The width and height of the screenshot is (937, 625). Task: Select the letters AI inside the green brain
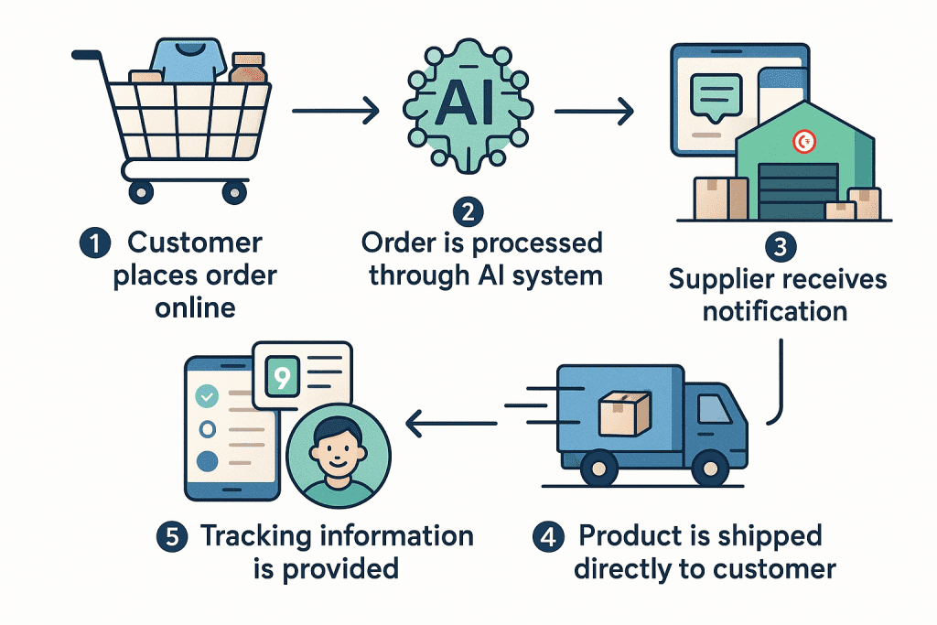coord(467,106)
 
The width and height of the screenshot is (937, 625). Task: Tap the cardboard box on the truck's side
coord(624,413)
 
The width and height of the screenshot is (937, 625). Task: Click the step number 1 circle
coord(95,244)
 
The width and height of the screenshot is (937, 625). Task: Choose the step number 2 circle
coord(468,212)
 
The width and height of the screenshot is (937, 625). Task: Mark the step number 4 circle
coord(548,536)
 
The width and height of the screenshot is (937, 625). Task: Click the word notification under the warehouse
coord(774,310)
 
